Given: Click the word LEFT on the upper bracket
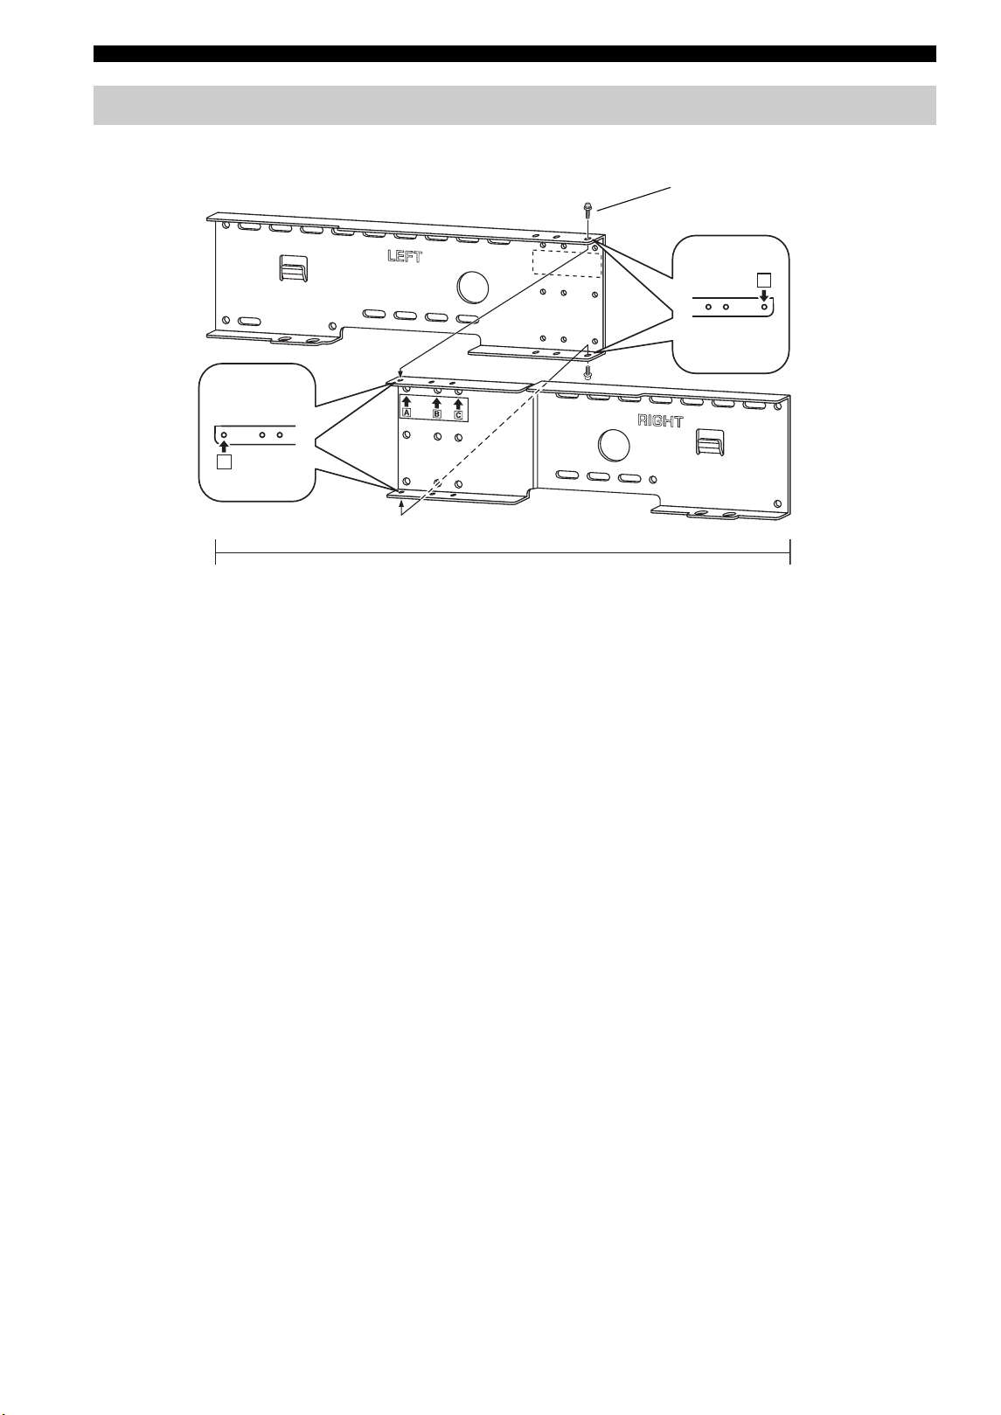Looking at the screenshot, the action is coord(405,256).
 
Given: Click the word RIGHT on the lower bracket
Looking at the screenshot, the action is coord(660,420).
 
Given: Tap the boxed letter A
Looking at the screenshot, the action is coord(407,413).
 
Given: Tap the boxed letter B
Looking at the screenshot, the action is coord(436,414).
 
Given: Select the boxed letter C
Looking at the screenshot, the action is coord(459,415).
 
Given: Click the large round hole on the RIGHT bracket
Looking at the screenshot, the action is coord(612,444).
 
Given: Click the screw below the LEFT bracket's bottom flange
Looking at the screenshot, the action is coord(587,371).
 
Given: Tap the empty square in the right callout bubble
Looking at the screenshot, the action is coord(764,281).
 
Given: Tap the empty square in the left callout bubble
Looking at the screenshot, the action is coord(224,461).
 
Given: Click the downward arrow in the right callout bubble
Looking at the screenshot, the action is coord(764,295).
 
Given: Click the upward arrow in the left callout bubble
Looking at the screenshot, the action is coord(224,447).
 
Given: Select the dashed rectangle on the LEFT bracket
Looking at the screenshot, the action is coord(566,262).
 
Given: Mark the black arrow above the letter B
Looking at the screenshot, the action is coord(436,403).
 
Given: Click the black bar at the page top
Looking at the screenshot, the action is coord(514,53).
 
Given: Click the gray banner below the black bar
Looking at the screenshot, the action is coord(514,105).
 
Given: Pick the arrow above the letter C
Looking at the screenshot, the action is coord(459,404).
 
